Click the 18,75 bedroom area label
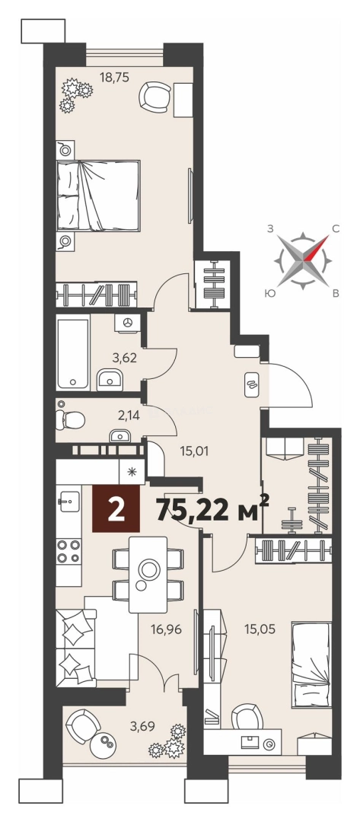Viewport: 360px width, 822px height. [x=114, y=78]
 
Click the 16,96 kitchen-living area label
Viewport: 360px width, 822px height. [x=166, y=629]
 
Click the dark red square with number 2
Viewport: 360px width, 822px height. [x=116, y=508]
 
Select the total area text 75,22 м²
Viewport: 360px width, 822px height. [x=213, y=508]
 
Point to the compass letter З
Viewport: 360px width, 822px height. [x=270, y=228]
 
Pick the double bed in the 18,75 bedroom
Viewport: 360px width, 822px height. [x=98, y=195]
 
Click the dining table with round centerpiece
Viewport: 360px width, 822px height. [x=148, y=574]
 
